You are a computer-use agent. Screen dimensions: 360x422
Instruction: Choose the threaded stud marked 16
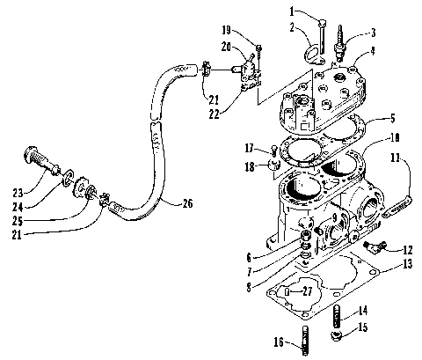(x=304, y=338)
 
